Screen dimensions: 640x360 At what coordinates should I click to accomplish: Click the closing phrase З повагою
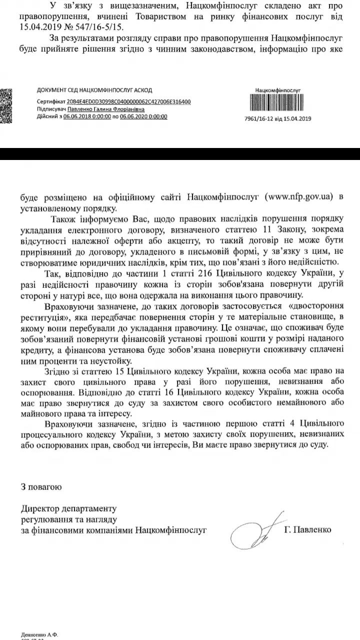tap(41, 486)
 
